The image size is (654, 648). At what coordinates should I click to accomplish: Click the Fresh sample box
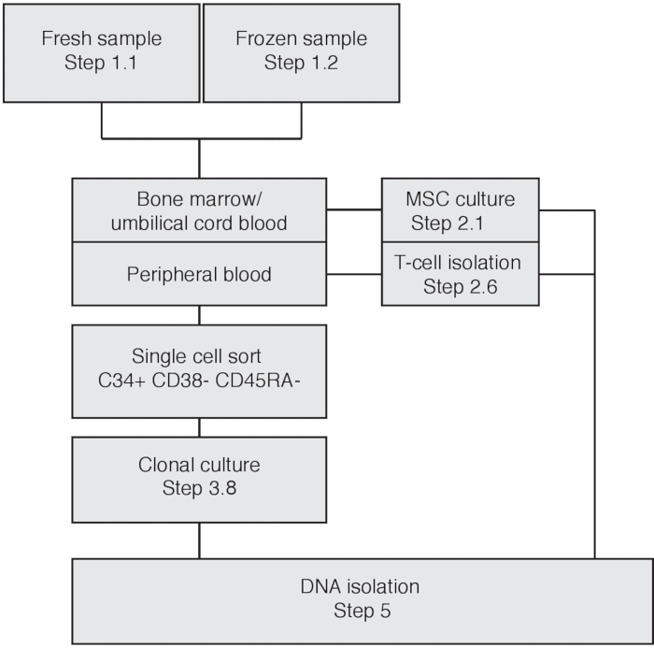pyautogui.click(x=101, y=53)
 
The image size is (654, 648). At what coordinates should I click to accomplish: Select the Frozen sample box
pyautogui.click(x=301, y=53)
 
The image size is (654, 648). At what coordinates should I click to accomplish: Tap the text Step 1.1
pyautogui.click(x=101, y=63)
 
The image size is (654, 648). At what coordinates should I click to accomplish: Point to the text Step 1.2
pyautogui.click(x=301, y=63)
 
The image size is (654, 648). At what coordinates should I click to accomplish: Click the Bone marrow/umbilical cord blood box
pyautogui.click(x=199, y=210)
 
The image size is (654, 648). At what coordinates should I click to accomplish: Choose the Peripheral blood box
pyautogui.click(x=199, y=274)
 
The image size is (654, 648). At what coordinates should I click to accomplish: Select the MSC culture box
pyautogui.click(x=460, y=210)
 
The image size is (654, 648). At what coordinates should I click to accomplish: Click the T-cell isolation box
pyautogui.click(x=460, y=274)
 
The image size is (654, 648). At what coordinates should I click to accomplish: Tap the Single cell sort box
pyautogui.click(x=199, y=371)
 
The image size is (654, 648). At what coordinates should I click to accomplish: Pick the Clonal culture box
pyautogui.click(x=199, y=480)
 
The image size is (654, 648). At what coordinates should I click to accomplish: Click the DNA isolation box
pyautogui.click(x=363, y=601)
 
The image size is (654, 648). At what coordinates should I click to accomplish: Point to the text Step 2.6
pyautogui.click(x=460, y=287)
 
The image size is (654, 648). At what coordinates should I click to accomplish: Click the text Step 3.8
pyautogui.click(x=199, y=488)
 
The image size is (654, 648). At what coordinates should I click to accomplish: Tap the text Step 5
pyautogui.click(x=363, y=611)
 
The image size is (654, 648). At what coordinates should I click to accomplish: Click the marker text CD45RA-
pyautogui.click(x=258, y=381)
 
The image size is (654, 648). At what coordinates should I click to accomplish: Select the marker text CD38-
pyautogui.click(x=180, y=381)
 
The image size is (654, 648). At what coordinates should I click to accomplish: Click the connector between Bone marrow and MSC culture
pyautogui.click(x=354, y=209)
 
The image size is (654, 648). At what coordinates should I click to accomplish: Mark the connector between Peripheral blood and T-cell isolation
pyautogui.click(x=354, y=274)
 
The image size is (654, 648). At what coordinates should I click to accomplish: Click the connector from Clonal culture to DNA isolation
pyautogui.click(x=199, y=540)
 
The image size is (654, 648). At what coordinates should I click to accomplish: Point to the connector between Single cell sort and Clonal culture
pyautogui.click(x=199, y=427)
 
